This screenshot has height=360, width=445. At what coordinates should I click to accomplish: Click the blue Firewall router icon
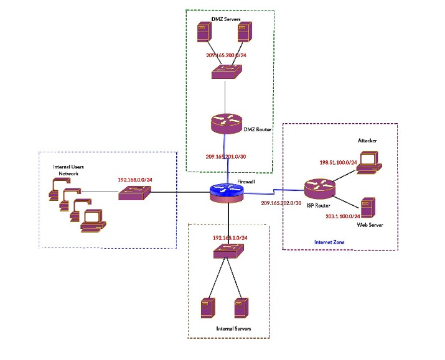pyautogui.click(x=227, y=193)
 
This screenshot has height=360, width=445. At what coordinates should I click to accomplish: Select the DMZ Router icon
pyautogui.click(x=226, y=124)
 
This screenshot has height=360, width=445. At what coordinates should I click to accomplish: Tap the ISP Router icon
pyautogui.click(x=320, y=190)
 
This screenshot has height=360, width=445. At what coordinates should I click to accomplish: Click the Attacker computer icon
pyautogui.click(x=369, y=163)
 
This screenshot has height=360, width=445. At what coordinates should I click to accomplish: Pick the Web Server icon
pyautogui.click(x=368, y=208)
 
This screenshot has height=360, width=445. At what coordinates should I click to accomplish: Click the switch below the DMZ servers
pyautogui.click(x=227, y=72)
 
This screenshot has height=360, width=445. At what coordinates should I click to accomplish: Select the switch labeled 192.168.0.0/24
pyautogui.click(x=134, y=193)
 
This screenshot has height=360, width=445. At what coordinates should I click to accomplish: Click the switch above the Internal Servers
pyautogui.click(x=228, y=251)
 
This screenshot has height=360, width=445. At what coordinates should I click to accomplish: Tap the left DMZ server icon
pyautogui.click(x=204, y=32)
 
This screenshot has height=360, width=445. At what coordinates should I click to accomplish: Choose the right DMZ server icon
pyautogui.click(x=245, y=32)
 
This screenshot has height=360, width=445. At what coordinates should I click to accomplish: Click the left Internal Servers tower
pyautogui.click(x=208, y=308)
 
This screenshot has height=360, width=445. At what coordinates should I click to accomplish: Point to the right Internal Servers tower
pyautogui.click(x=241, y=308)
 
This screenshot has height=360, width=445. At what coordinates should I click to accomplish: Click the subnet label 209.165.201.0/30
pyautogui.click(x=226, y=157)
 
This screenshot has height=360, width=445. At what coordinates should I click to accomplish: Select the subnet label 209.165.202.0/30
pyautogui.click(x=281, y=203)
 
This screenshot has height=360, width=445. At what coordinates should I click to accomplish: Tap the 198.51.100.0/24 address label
pyautogui.click(x=339, y=162)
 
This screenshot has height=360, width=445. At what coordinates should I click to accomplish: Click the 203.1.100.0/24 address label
pyautogui.click(x=343, y=216)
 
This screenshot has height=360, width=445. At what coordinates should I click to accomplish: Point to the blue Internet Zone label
pyautogui.click(x=329, y=242)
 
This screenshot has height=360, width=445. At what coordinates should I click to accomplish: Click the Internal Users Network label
pyautogui.click(x=68, y=170)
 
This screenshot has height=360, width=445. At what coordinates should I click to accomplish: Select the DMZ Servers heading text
pyautogui.click(x=226, y=19)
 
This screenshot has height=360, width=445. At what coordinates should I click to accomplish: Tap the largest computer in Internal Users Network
pyautogui.click(x=93, y=221)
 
